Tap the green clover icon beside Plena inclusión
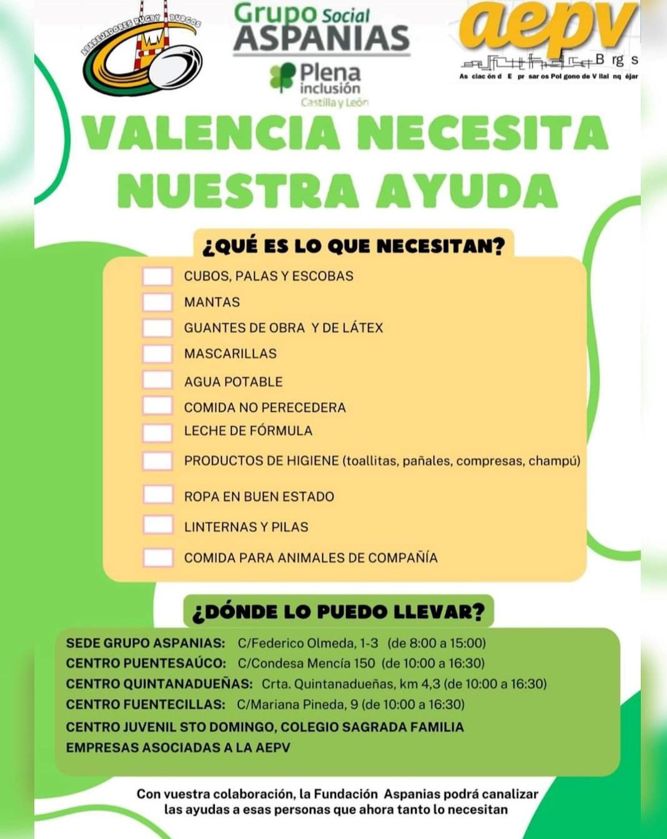coord(282,77)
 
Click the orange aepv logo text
coord(548,28)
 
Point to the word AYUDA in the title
coord(467,190)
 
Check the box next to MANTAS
coord(157,302)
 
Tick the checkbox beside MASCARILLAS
coord(157,354)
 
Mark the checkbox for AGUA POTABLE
coord(157,380)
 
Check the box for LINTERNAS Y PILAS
coord(158,525)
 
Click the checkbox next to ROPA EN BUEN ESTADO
coord(158,495)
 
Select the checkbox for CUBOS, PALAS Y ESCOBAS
coord(157,276)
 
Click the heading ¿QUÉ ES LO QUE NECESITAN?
coord(353,246)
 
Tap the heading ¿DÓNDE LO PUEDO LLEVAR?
coord(338,612)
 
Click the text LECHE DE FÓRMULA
coord(248,431)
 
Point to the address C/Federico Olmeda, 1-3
coord(308,643)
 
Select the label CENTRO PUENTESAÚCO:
coord(146,663)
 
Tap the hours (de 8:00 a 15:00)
coord(437,643)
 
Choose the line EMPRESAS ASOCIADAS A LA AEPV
coord(178,747)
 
